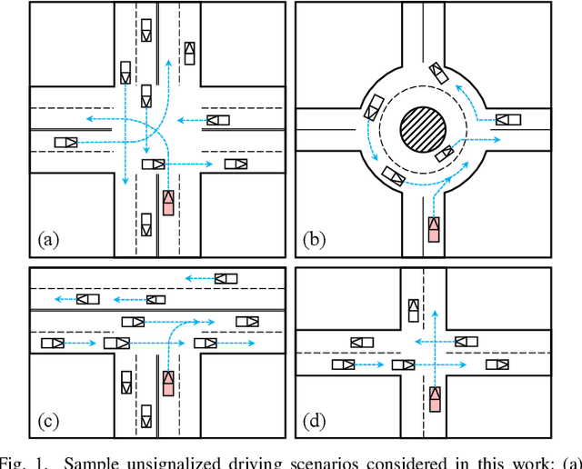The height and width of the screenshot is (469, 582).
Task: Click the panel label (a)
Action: pos(48,240)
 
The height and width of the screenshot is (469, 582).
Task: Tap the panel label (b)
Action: pos(316,240)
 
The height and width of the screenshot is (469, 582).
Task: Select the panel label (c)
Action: pos(48,419)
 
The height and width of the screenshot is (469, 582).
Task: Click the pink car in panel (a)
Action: pos(168,202)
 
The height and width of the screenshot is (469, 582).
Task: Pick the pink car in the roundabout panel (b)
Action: pos(435,229)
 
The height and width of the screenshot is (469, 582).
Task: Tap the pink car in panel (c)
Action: pos(168,384)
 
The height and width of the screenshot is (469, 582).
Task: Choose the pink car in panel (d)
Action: pos(435,398)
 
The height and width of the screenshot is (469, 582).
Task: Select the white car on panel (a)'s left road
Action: pos(66,142)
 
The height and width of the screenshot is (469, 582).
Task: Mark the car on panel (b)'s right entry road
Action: pos(507,119)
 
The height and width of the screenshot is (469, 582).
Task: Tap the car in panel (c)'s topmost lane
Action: pos(225,278)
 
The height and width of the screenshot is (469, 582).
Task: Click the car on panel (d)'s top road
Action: pos(414,311)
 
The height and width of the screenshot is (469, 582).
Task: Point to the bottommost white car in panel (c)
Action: pos(146,415)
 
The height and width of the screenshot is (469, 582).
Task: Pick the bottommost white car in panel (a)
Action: pos(146,224)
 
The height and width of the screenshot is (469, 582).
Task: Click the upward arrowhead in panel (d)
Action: pos(435,313)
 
